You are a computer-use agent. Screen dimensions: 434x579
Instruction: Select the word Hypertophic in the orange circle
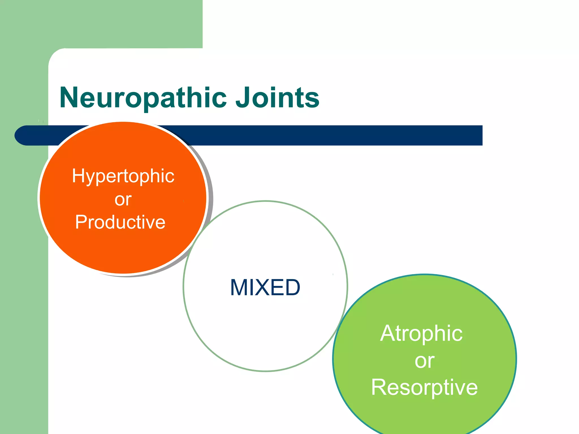click(x=123, y=176)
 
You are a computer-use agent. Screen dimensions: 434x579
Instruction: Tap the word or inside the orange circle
click(x=123, y=199)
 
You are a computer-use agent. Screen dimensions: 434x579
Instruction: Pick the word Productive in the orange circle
click(x=120, y=222)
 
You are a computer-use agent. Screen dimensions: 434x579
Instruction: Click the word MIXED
click(x=265, y=288)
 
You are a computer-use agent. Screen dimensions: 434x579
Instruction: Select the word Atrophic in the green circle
click(x=421, y=334)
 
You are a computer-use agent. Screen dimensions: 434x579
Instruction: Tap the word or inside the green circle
click(x=424, y=361)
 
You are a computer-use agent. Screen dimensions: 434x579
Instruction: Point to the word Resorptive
click(x=424, y=387)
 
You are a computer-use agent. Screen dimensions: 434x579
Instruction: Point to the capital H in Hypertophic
click(x=77, y=176)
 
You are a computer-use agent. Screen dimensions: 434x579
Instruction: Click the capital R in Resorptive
click(x=379, y=387)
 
